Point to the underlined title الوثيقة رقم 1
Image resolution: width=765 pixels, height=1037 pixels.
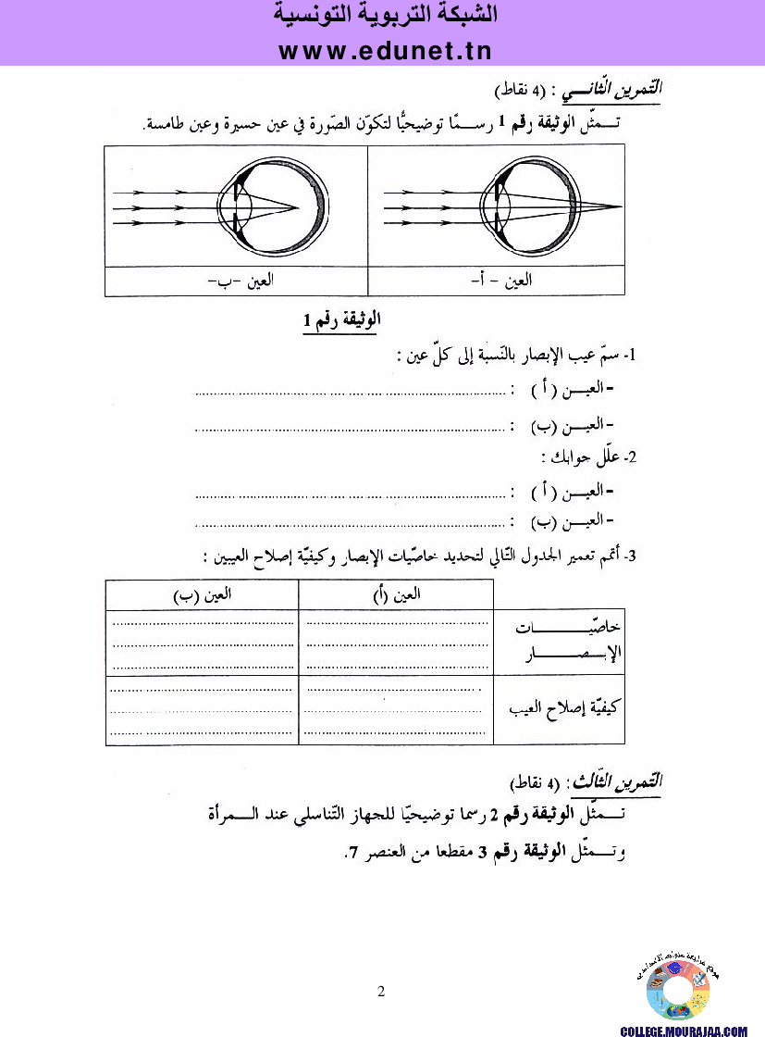tap(341, 320)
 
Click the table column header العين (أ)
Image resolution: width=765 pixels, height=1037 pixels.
tap(396, 595)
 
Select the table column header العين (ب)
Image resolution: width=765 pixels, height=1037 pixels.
tap(202, 595)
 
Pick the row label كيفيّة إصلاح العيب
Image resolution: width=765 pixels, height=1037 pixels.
tap(563, 709)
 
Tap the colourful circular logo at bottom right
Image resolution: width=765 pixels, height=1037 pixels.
tap(678, 991)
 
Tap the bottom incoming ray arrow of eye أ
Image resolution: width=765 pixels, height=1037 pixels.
tap(407, 222)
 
